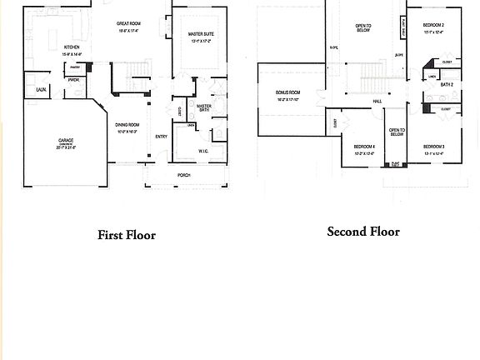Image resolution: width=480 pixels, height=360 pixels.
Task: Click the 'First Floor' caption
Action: point(127,235)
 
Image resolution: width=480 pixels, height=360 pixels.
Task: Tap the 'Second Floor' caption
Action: point(362,232)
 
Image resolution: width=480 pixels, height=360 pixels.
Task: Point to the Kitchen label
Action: point(72,48)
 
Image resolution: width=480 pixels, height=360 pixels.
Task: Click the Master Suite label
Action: point(200,35)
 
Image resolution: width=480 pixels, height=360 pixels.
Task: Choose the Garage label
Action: point(65,141)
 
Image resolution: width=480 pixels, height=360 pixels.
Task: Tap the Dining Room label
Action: point(127,126)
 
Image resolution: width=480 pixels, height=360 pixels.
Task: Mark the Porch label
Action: point(183,176)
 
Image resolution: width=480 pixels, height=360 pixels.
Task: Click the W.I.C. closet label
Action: point(203,151)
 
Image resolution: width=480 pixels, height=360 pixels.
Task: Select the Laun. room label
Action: point(41,88)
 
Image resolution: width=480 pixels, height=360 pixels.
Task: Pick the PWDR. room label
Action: point(74,80)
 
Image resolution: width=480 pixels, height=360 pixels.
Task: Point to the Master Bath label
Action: point(203,107)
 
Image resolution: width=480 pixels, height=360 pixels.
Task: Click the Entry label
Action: point(161,137)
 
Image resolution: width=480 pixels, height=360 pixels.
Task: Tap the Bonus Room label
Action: point(288,93)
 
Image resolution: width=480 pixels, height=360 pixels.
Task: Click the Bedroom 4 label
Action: point(364,147)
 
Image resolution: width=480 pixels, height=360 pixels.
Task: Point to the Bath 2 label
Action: point(447,84)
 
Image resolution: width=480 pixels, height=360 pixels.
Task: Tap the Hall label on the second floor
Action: point(377,101)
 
